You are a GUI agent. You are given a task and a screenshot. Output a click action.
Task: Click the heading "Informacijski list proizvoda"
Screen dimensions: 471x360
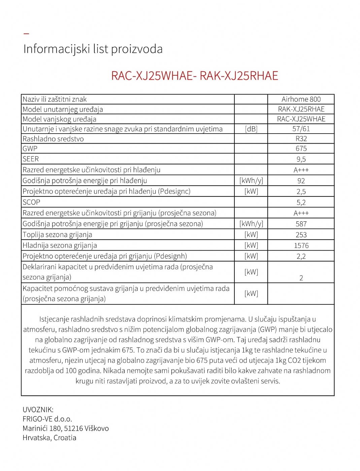point(93,49)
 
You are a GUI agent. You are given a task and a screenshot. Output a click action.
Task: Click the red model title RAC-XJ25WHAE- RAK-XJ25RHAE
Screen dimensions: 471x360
point(195,75)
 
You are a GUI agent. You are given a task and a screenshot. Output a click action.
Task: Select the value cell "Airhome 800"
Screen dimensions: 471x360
point(301,99)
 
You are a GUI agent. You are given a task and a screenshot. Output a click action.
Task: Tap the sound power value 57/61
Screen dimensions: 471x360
point(301,129)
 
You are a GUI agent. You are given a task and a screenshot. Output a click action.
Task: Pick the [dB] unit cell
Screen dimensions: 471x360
point(251,129)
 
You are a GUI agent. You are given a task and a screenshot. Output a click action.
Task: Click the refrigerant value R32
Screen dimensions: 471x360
point(301,139)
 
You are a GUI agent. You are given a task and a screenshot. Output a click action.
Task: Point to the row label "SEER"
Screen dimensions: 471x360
point(31,159)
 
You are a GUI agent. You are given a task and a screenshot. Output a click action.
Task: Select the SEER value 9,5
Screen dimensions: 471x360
point(301,159)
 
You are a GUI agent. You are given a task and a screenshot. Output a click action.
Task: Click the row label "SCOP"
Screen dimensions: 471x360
point(31,202)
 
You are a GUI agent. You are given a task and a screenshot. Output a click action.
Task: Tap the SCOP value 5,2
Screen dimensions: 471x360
point(301,203)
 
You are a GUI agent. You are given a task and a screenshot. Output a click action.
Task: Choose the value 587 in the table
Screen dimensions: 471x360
point(301,224)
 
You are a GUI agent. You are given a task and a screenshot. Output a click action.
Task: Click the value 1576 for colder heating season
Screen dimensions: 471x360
point(301,246)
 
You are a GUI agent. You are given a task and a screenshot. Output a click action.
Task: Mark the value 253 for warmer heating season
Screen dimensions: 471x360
point(301,235)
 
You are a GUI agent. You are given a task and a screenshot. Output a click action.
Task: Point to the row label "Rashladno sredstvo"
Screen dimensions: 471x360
point(53,139)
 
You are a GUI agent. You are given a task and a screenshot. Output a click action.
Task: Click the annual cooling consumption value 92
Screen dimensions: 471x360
point(301,181)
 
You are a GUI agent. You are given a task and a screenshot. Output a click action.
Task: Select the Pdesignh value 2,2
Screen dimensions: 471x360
point(301,256)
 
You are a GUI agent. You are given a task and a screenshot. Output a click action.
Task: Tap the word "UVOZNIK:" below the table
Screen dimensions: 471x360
point(38,410)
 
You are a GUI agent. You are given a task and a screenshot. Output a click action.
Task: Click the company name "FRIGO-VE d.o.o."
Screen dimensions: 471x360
point(47,419)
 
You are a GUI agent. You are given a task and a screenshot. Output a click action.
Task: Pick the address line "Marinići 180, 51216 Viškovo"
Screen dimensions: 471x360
point(66,429)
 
